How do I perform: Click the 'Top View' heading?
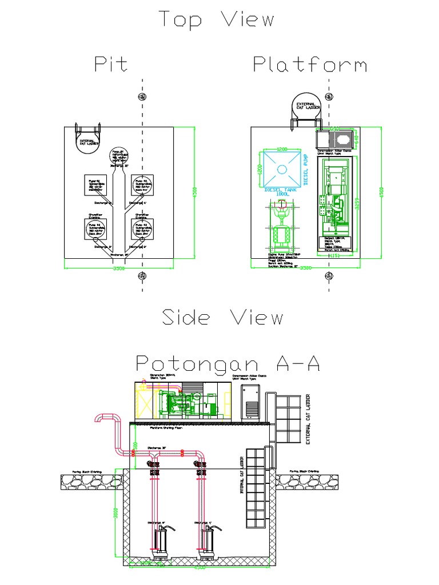coord(217,20)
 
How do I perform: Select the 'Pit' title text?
coord(111,64)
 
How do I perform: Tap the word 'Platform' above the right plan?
coord(310,64)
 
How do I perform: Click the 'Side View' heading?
coord(222,317)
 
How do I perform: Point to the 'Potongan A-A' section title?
coord(228,362)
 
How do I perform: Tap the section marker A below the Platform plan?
coord(329,277)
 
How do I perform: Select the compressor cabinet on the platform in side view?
coord(250,402)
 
